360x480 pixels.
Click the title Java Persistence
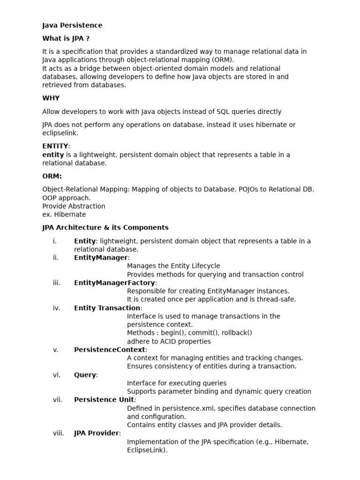[72, 25]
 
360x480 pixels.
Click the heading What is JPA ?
[66, 38]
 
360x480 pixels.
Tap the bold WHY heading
[51, 98]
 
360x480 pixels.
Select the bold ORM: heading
[52, 176]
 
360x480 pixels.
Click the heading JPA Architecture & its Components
[105, 228]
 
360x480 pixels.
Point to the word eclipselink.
[60, 133]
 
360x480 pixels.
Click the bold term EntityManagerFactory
[114, 283]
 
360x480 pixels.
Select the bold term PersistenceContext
[110, 350]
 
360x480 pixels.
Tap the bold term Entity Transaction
[107, 308]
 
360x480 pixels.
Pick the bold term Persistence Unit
[104, 400]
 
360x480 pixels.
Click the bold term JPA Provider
[97, 433]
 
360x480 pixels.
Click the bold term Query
[85, 375]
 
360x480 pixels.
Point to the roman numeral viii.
[59, 433]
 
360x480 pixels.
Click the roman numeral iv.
[57, 308]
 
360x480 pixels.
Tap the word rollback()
[236, 333]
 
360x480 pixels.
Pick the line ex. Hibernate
[64, 215]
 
